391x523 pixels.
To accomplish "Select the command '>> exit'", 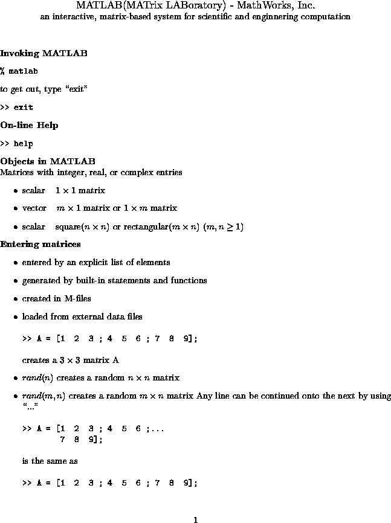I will (17, 107).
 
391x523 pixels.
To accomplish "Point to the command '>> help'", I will (17, 144).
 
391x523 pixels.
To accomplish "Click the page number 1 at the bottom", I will (195, 519).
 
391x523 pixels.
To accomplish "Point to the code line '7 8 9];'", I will (80, 440).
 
